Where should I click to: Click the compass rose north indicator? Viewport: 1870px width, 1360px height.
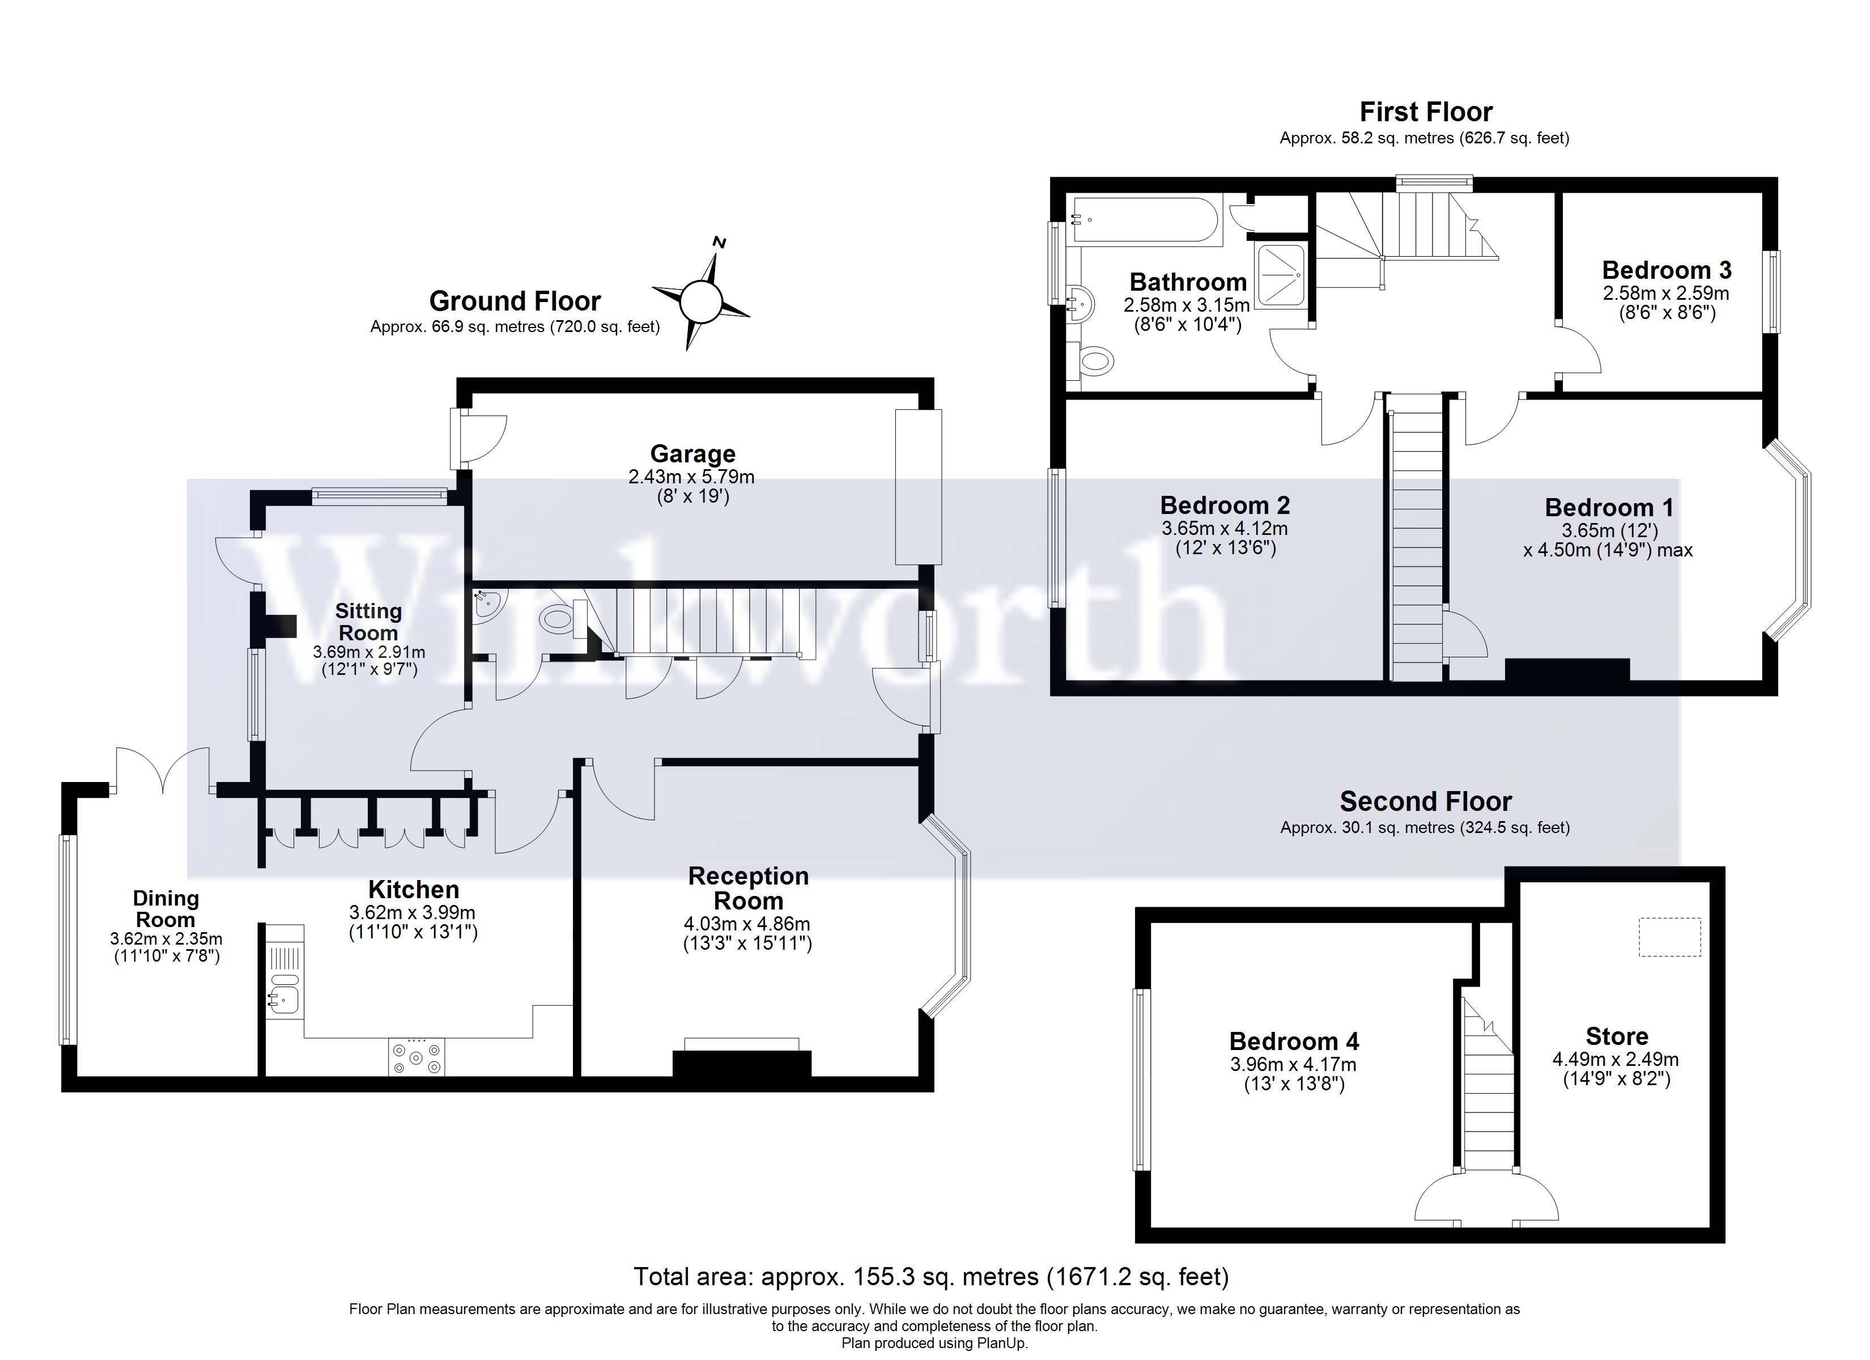pyautogui.click(x=719, y=243)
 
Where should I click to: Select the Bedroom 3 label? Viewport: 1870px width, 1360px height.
pyautogui.click(x=1667, y=270)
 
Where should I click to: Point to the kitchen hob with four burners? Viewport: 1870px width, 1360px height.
pyautogui.click(x=416, y=1056)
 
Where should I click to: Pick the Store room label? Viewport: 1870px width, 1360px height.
pyautogui.click(x=1617, y=1036)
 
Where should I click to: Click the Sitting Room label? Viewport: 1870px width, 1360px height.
pyautogui.click(x=368, y=622)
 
